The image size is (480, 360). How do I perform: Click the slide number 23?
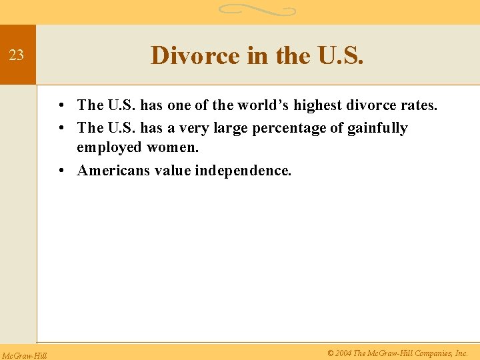click(17, 55)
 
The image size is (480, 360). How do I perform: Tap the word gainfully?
click(377, 128)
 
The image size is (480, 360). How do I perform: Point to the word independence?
click(243, 171)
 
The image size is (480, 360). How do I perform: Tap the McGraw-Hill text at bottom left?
click(23, 355)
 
